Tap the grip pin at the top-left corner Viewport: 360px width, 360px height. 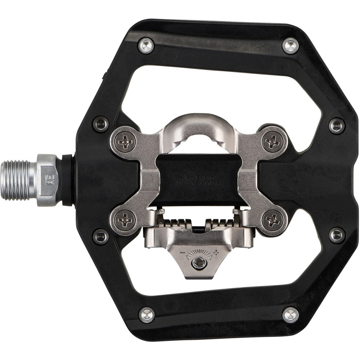coord(146,46)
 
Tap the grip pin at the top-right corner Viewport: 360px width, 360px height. coord(290,46)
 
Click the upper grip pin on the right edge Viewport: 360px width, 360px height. coord(337,126)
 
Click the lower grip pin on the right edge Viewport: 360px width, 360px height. coord(337,235)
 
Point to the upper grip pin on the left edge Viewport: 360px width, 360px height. coord(100,124)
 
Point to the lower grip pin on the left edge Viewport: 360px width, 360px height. coord(100,237)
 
